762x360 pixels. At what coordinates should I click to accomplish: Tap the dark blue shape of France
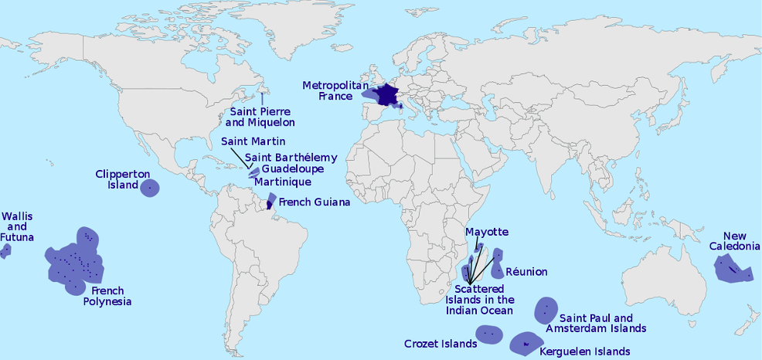tap(386, 95)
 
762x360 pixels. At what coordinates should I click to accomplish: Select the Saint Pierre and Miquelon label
tap(260, 116)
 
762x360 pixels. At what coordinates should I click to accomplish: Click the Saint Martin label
tap(253, 141)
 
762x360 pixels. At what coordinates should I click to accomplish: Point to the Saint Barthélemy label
tap(291, 158)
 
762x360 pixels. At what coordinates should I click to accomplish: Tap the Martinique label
tap(283, 182)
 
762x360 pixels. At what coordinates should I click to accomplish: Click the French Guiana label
tap(314, 202)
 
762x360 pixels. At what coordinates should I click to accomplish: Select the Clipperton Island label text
tap(122, 180)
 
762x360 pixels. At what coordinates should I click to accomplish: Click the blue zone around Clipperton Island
tap(150, 187)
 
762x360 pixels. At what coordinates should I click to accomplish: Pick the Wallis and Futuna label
tap(17, 226)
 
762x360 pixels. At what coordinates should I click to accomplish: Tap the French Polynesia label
tap(107, 297)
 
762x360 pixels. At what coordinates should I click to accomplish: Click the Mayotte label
tap(487, 232)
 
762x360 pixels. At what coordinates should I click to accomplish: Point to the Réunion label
tap(526, 272)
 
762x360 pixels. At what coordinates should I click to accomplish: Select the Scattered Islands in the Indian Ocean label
tap(479, 300)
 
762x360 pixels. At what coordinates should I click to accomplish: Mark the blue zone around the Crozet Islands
tap(489, 334)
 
